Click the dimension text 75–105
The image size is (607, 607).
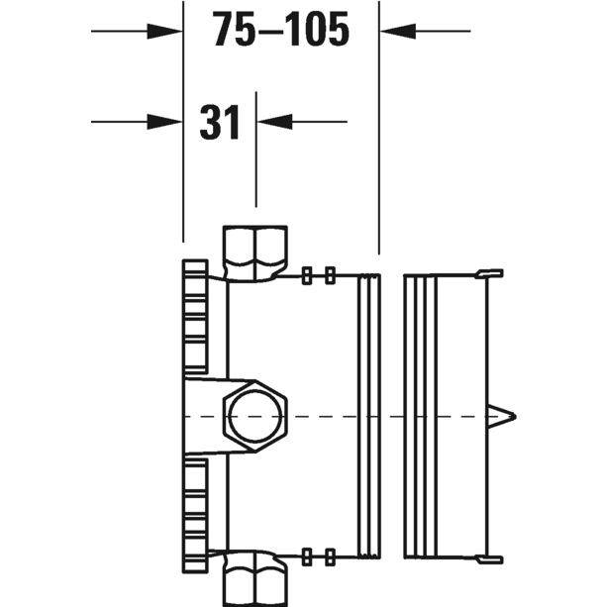(x=281, y=32)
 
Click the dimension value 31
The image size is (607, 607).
(x=220, y=123)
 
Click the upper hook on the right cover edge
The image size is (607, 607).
(x=491, y=274)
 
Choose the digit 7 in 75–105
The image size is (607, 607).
(x=225, y=32)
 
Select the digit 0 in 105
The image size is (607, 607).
(x=314, y=32)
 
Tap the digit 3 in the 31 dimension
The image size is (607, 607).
(x=211, y=123)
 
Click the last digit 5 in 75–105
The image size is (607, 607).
(x=338, y=32)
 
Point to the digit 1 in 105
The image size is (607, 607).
(x=292, y=32)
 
